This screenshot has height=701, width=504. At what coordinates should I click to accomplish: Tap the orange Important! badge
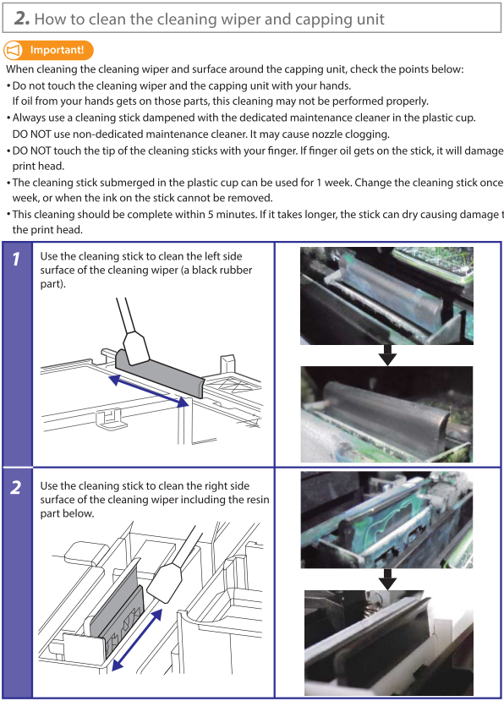49,50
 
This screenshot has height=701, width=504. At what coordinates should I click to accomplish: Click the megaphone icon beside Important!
14,50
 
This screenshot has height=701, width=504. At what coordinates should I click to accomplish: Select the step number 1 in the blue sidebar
17,259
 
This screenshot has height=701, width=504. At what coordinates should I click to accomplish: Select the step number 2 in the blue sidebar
16,487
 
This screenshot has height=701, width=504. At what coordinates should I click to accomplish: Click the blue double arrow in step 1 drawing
149,391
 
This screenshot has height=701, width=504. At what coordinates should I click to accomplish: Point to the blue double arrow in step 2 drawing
136,640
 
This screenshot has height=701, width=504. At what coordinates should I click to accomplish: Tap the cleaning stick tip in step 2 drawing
165,583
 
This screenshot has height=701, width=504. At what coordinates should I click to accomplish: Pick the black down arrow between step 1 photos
387,354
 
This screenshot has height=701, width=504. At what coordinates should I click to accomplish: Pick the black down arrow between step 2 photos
387,579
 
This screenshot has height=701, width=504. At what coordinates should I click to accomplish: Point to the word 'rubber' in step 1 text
238,270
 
